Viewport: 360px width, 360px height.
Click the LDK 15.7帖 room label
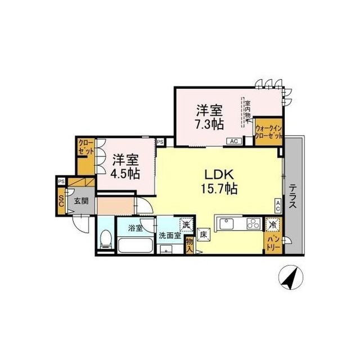coord(217,182)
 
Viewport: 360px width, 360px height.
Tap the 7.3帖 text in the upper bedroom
coord(206,124)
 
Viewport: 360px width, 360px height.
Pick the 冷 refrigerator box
coord(272,223)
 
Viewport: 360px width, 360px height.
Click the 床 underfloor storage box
coord(204,234)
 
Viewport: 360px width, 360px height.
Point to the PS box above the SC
coord(60,181)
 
